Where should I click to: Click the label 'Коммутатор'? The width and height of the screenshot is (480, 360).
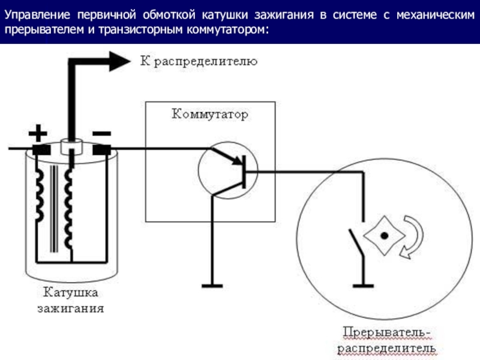[x=210, y=114]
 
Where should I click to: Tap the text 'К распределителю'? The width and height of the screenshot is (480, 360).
[x=199, y=61]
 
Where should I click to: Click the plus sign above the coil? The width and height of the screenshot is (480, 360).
[x=38, y=131]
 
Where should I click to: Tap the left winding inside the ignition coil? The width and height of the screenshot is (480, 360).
[x=41, y=198]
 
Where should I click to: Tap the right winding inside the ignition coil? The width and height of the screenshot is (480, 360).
[x=69, y=204]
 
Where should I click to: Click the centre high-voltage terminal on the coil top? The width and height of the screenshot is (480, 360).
[x=71, y=144]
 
